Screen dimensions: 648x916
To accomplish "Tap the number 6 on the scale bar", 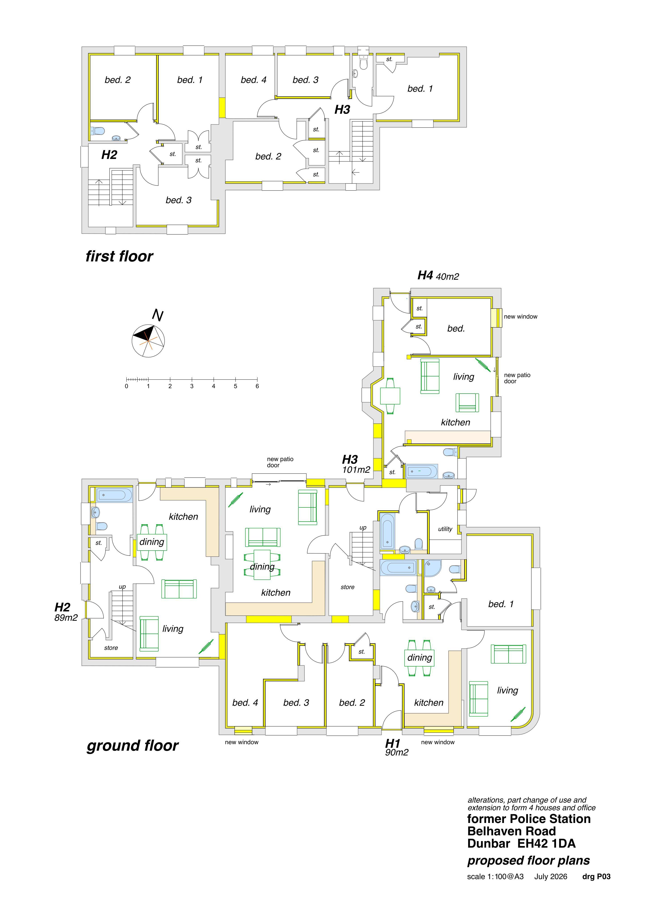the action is pos(257,386).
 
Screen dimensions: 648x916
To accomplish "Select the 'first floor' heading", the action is pos(119,256).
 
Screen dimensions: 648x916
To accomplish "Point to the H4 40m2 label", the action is pos(438,276).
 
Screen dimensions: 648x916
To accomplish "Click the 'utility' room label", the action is pos(445,529).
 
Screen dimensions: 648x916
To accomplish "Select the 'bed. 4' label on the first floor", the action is pos(253,80).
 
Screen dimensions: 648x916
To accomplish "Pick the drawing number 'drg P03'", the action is pos(597,876).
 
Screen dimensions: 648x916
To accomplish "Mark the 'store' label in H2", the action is pos(111,647).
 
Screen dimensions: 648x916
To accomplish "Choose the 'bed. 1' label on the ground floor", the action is pos(501,604).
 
